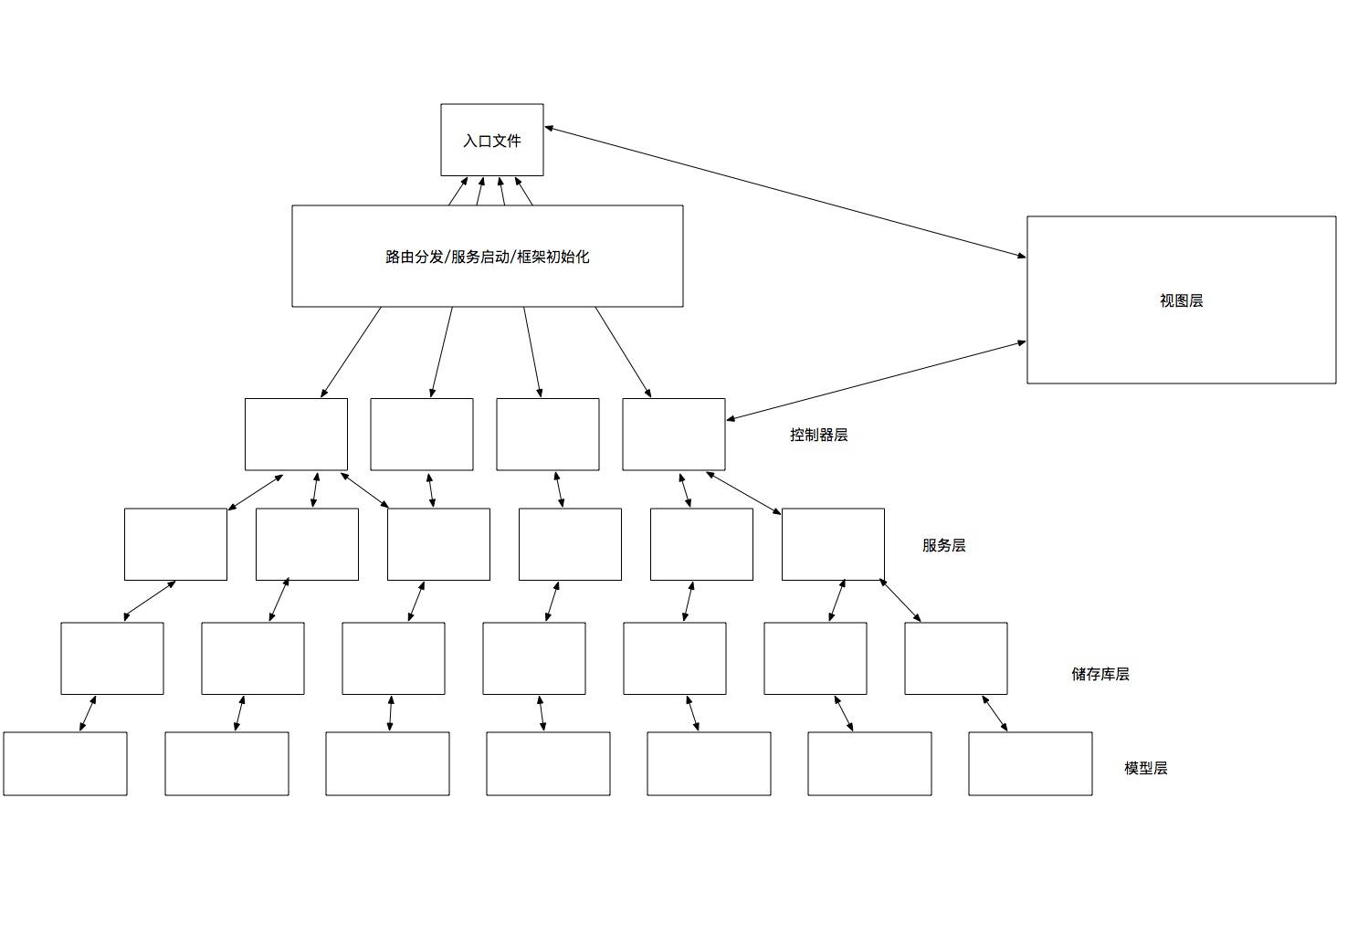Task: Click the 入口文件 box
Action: coord(491,140)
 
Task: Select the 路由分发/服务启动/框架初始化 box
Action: coord(487,256)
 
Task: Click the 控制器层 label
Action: coord(818,435)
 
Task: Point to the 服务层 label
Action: coord(943,545)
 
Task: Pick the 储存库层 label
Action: coord(1100,674)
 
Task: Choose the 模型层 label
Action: coord(1145,768)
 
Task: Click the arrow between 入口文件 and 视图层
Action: coord(785,192)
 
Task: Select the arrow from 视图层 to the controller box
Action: coord(877,381)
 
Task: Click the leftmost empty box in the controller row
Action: coord(296,434)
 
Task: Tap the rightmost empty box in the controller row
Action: coord(673,434)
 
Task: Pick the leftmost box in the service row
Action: coord(175,544)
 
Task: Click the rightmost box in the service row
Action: coord(833,544)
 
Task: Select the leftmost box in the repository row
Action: coord(112,658)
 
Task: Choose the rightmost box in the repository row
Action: coord(955,658)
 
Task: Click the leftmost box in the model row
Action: coord(65,763)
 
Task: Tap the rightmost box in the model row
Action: coord(1030,763)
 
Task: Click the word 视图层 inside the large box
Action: coord(1181,300)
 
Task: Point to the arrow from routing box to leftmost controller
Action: coord(352,352)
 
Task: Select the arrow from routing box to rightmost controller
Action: coord(623,352)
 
